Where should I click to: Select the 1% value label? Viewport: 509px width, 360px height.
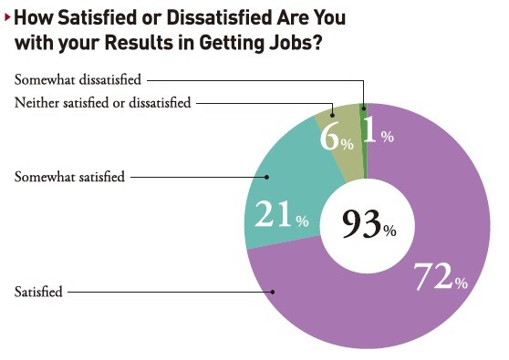(x=377, y=132)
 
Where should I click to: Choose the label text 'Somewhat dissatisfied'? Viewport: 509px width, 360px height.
(x=77, y=81)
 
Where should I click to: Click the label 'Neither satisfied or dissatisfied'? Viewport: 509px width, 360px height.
(x=102, y=103)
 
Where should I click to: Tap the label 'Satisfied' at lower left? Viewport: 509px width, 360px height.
(x=38, y=293)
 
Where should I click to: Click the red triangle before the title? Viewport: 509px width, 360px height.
(x=7, y=16)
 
